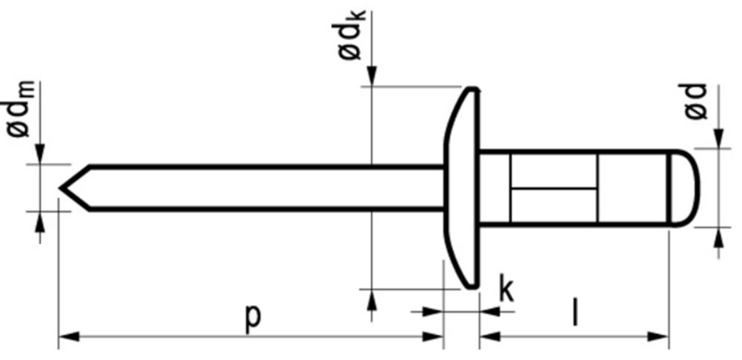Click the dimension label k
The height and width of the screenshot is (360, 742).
pyautogui.click(x=506, y=289)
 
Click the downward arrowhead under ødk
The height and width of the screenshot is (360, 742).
pyautogui.click(x=371, y=78)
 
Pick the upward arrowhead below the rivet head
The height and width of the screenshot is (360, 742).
pyautogui.click(x=371, y=299)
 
